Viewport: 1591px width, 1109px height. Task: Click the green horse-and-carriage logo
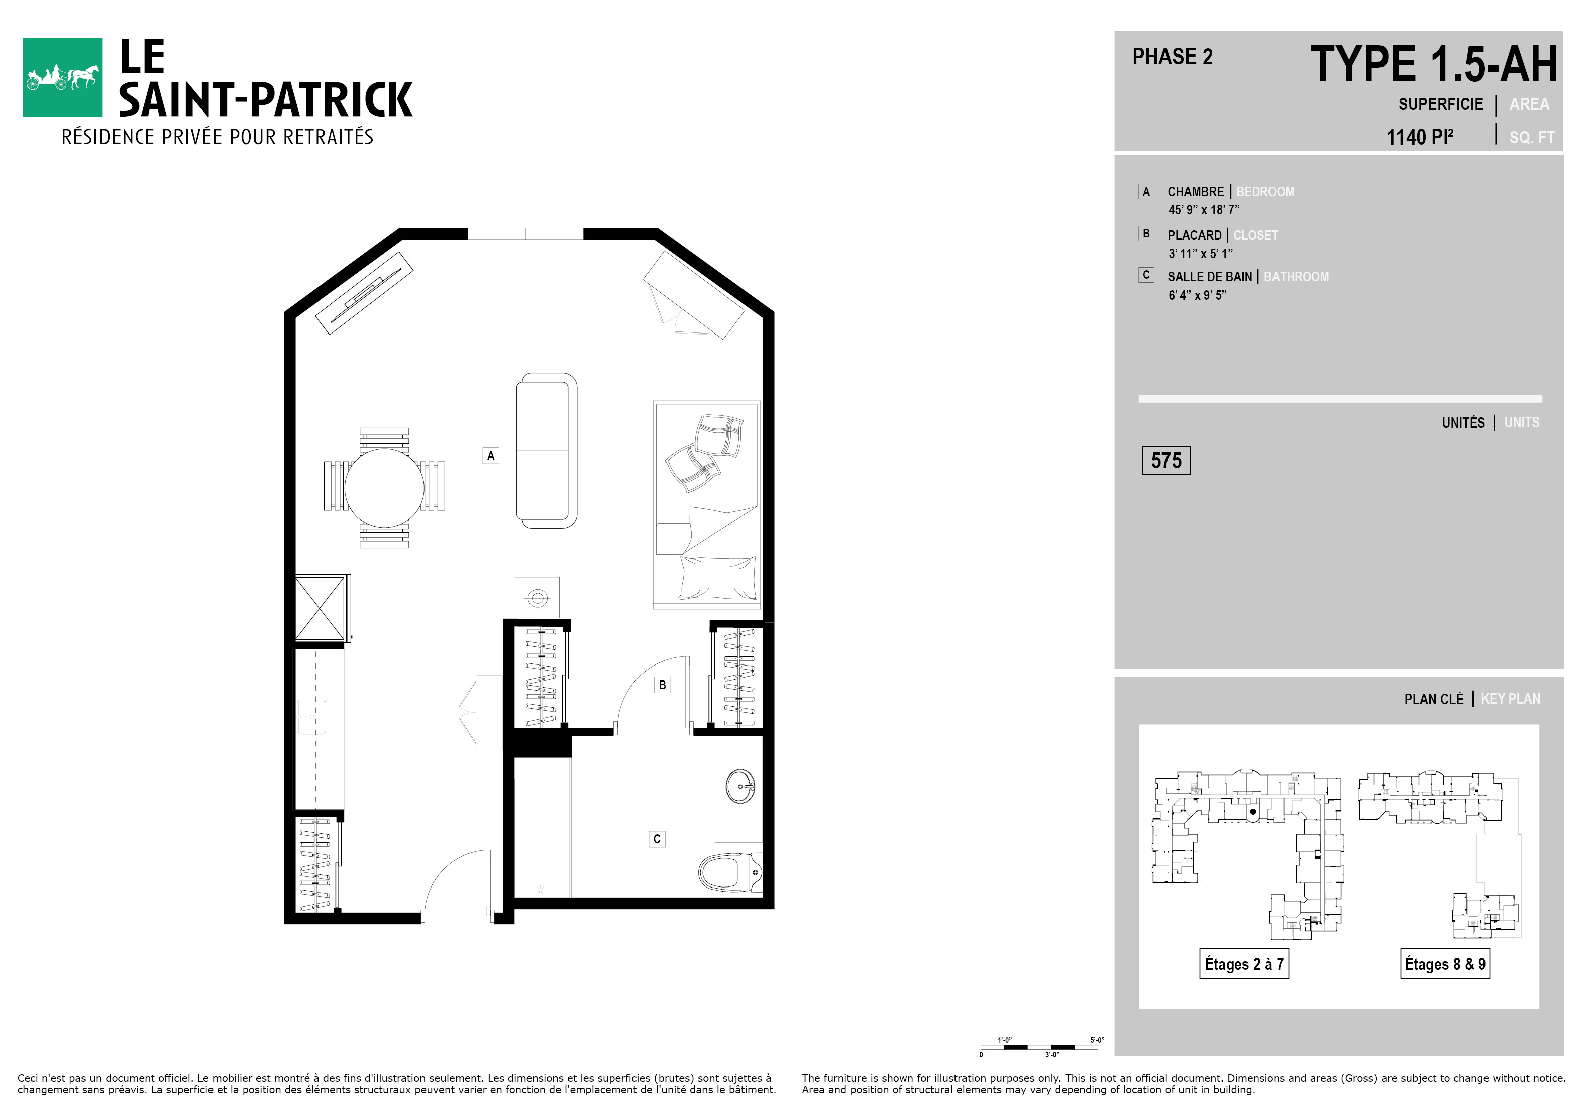click(x=62, y=77)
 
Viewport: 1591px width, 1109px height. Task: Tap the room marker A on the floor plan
click(x=491, y=455)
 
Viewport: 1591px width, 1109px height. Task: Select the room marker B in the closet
click(x=663, y=685)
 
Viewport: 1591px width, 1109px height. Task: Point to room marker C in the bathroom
click(x=657, y=839)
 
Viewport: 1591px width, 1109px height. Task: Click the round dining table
click(x=384, y=488)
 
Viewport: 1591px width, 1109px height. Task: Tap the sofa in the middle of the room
click(x=547, y=451)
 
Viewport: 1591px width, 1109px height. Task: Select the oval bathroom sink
click(x=740, y=786)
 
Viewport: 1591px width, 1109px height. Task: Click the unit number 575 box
click(x=1166, y=461)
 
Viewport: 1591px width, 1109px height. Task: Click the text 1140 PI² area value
click(x=1419, y=137)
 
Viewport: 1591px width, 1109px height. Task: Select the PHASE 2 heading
click(x=1173, y=57)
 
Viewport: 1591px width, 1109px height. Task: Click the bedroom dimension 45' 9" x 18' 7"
click(x=1204, y=210)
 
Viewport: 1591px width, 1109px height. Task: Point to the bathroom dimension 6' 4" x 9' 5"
click(x=1198, y=295)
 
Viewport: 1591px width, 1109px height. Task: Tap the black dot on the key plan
click(x=1253, y=812)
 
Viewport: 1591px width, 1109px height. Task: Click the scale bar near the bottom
click(x=1039, y=1047)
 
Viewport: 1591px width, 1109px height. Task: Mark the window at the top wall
click(x=525, y=234)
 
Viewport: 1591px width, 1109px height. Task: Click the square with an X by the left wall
click(x=320, y=609)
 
